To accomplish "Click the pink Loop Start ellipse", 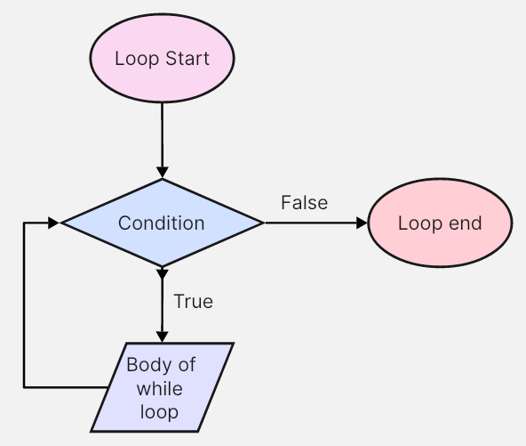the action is [162, 58].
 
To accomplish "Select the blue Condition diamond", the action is [163, 223].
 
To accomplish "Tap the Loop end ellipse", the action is [440, 223].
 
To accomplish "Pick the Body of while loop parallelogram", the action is [163, 387].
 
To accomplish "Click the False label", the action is [304, 203].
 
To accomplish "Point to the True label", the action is [193, 301].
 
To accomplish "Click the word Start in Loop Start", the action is [187, 58].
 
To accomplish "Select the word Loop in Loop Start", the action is [137, 59].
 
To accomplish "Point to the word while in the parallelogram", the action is [160, 389].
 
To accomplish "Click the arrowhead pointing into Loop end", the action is [362, 223].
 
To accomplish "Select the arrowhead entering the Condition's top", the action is [163, 172].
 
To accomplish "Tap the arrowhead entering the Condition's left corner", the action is [53, 223].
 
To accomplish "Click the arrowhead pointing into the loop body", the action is [163, 337].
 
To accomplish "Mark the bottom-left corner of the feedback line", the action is [24, 387].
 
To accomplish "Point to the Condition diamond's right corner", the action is [264, 223].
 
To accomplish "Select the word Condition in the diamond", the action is [162, 223].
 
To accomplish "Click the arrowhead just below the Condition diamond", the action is [163, 273].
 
